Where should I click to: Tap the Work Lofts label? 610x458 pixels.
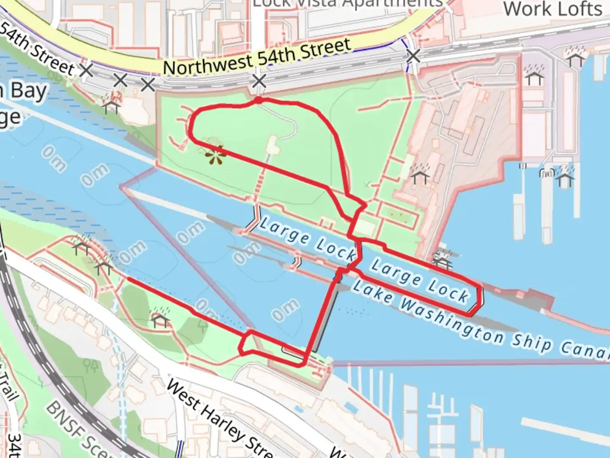click(553, 9)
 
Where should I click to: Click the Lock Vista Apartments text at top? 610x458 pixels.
click(347, 4)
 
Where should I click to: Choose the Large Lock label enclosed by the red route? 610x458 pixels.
click(420, 282)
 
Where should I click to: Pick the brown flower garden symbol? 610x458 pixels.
click(215, 156)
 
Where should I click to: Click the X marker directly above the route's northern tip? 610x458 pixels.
click(259, 81)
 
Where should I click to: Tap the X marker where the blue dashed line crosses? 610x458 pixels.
click(413, 56)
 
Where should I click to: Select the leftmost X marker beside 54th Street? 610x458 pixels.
click(86, 70)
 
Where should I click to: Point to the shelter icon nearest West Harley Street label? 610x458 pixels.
click(160, 318)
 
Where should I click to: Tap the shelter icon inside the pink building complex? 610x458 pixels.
click(420, 176)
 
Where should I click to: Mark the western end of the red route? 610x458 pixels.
click(128, 279)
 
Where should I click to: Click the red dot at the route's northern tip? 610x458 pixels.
click(258, 100)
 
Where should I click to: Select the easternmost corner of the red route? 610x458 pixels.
click(482, 297)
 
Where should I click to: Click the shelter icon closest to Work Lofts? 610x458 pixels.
click(576, 58)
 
